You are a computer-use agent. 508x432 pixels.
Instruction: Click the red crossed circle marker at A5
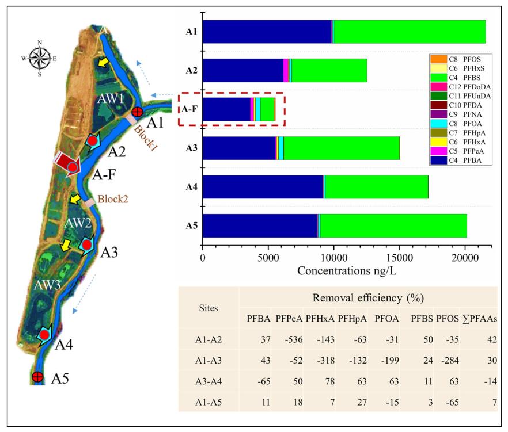pyautogui.click(x=37, y=377)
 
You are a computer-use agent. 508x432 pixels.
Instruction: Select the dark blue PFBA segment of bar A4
pyautogui.click(x=263, y=186)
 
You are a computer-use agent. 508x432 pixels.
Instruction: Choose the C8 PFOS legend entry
pyautogui.click(x=456, y=59)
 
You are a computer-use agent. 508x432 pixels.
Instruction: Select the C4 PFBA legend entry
pyautogui.click(x=456, y=161)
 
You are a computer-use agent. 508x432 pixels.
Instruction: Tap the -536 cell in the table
pyautogui.click(x=287, y=339)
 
